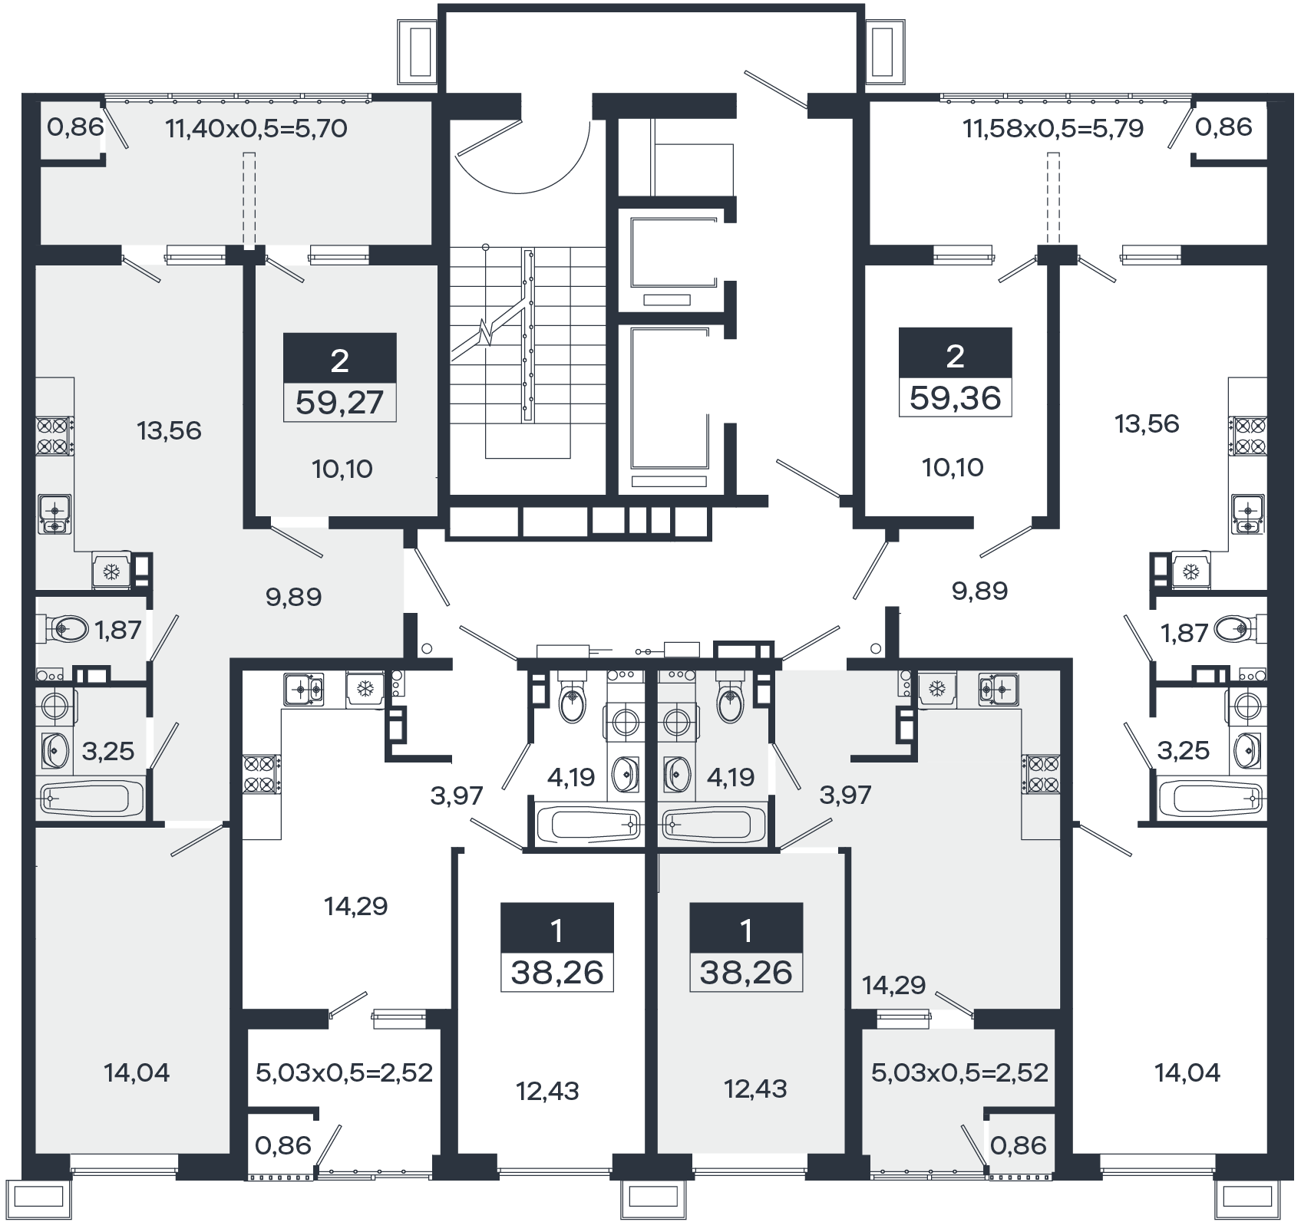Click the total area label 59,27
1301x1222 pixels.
coord(339,401)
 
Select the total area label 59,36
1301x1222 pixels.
coord(956,397)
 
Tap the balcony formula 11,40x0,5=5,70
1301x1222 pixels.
coord(256,128)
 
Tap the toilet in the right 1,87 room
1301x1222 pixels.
coord(1237,630)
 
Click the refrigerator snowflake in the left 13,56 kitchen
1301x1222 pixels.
coord(112,571)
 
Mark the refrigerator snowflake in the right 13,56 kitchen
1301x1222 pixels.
coord(1190,571)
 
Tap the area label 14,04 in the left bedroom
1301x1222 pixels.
coord(137,1072)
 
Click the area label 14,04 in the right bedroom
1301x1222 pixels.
coord(1187,1072)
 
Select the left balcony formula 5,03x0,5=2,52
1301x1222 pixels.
coord(345,1072)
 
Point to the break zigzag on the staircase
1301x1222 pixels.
coord(484,331)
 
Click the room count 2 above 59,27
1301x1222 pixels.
coord(339,360)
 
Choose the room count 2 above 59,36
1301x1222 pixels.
coord(956,355)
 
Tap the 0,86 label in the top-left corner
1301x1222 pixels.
coord(75,127)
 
